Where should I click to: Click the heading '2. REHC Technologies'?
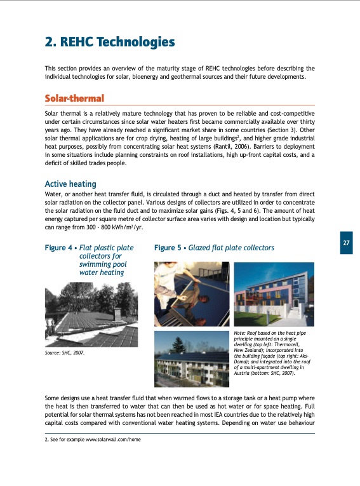109,43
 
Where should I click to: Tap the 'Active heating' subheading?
70,184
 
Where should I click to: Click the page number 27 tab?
345,243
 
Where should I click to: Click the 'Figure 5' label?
168,248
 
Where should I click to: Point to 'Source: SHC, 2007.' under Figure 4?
64,351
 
